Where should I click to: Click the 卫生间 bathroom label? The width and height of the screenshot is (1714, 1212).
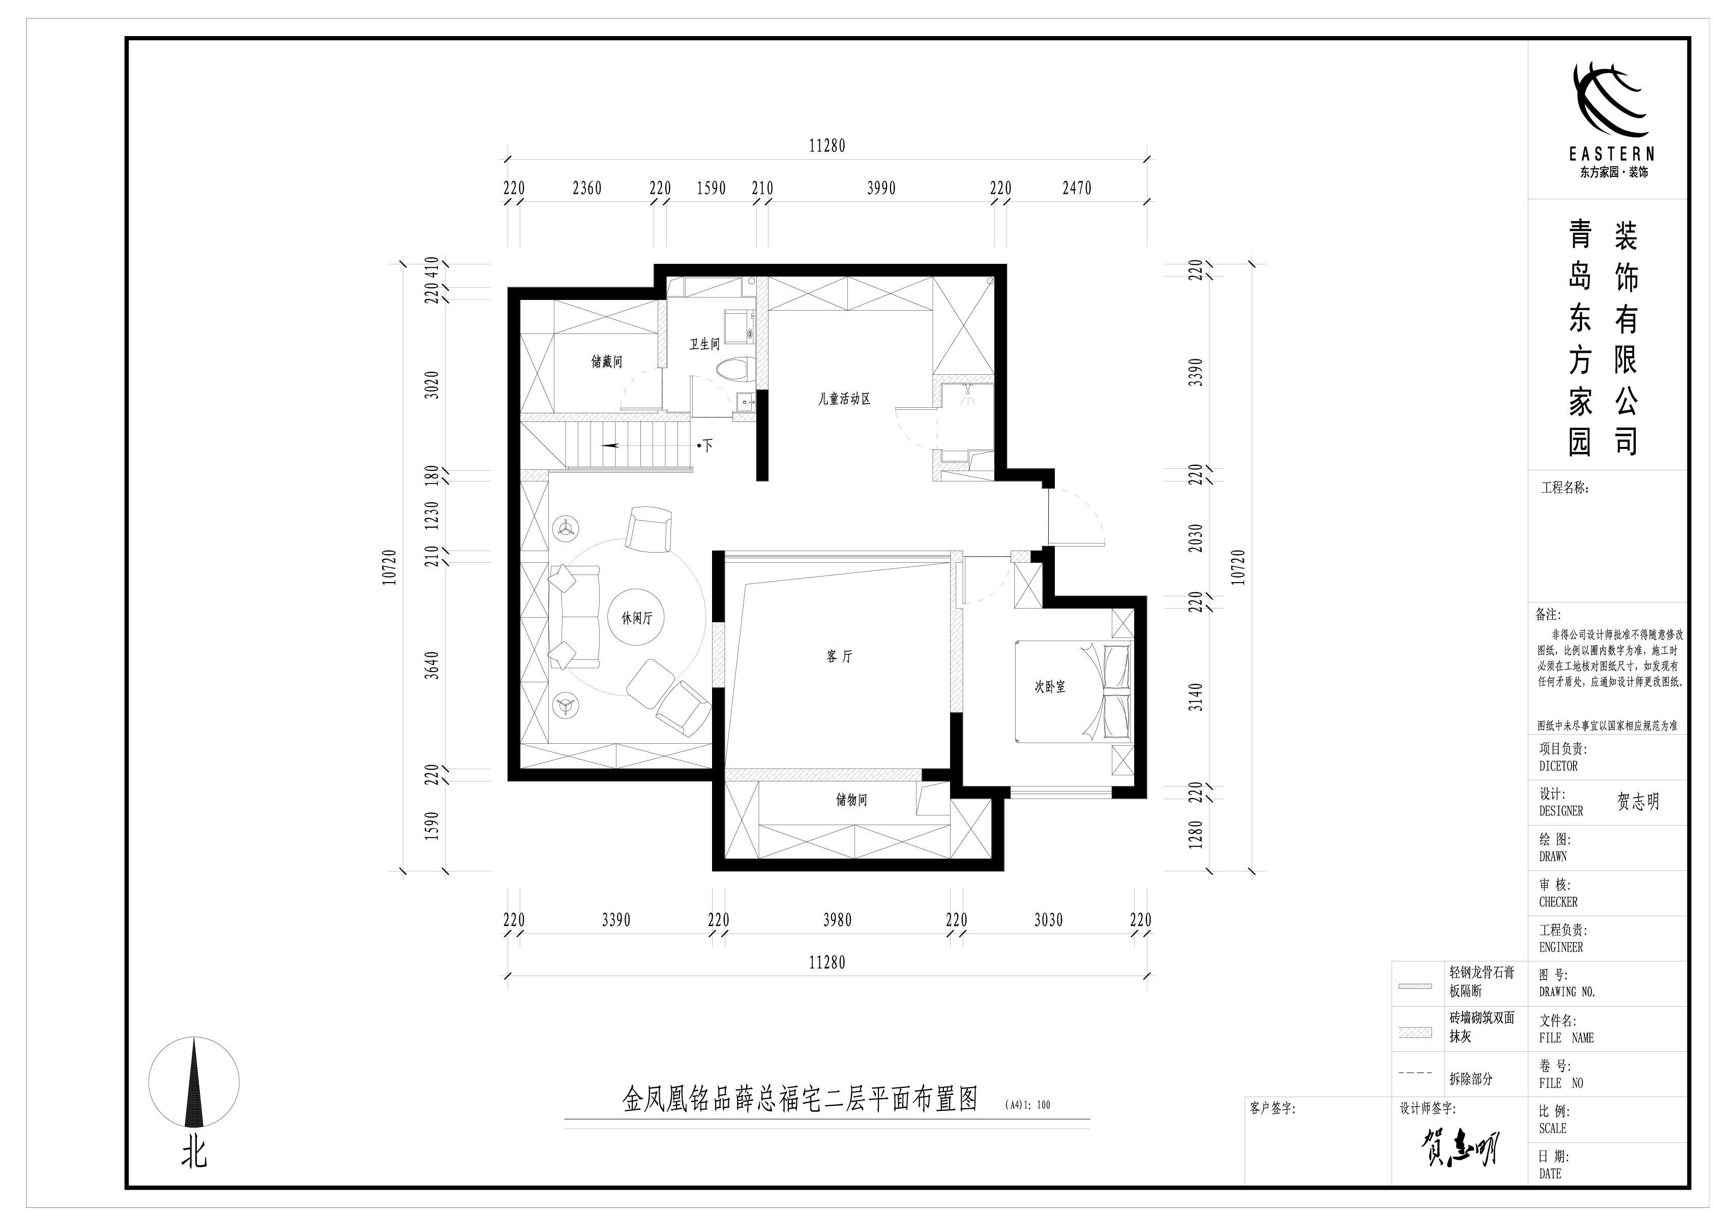[704, 344]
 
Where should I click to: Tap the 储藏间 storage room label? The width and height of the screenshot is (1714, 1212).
[606, 362]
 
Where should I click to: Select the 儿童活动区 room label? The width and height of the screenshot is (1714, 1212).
[844, 399]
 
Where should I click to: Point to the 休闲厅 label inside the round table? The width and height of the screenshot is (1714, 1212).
[637, 619]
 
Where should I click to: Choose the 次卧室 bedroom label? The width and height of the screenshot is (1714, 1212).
[1050, 687]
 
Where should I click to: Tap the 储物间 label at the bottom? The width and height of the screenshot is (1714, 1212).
[851, 800]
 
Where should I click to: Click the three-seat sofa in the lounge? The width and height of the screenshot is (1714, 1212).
[573, 617]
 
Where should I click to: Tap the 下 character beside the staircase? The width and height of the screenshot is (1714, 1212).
[707, 446]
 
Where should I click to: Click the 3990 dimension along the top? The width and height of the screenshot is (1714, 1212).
[881, 188]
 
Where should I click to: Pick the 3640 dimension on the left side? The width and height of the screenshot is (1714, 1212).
[431, 665]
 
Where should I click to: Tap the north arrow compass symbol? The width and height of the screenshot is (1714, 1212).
[194, 1083]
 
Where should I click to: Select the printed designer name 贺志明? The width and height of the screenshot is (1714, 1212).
[1638, 802]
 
